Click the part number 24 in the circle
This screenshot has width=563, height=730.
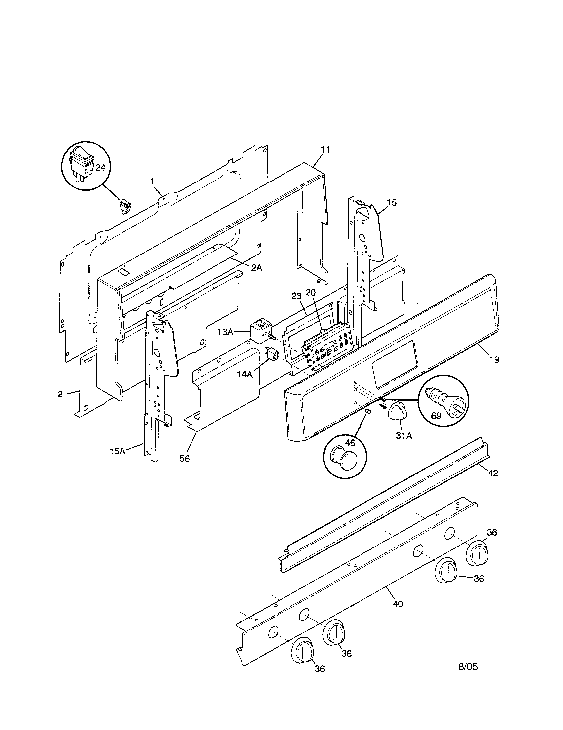click(x=100, y=168)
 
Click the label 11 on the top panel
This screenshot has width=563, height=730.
click(x=325, y=150)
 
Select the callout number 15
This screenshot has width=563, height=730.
click(x=392, y=202)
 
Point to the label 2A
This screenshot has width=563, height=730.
click(x=257, y=268)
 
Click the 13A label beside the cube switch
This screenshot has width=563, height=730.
click(x=225, y=332)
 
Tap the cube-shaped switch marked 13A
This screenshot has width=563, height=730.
click(x=260, y=331)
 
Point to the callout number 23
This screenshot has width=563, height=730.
click(x=296, y=296)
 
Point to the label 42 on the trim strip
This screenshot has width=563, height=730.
click(x=493, y=473)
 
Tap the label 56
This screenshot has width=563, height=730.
click(x=184, y=459)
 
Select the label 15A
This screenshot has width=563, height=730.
click(x=118, y=451)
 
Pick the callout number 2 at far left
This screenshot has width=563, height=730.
click(x=60, y=394)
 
